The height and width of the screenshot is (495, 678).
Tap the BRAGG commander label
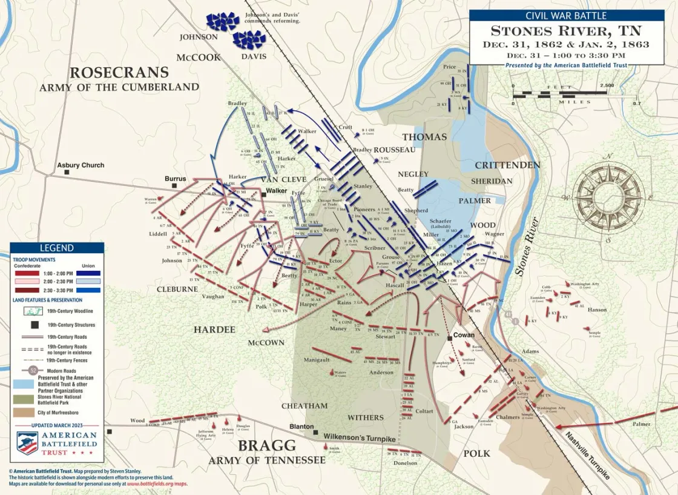click(x=267, y=446)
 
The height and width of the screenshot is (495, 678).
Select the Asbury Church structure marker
click(x=67, y=172)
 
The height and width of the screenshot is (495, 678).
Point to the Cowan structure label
click(x=464, y=335)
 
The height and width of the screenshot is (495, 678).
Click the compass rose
click(x=608, y=196)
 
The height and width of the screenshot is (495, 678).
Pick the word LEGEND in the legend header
click(x=56, y=248)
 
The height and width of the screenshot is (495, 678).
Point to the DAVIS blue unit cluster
click(x=249, y=40)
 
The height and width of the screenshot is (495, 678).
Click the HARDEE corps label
click(x=214, y=330)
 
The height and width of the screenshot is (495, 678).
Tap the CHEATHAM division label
click(x=304, y=405)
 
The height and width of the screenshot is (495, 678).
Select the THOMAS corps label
click(x=424, y=137)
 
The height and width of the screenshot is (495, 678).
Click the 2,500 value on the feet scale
click(x=607, y=85)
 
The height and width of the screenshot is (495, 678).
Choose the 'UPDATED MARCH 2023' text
click(x=56, y=425)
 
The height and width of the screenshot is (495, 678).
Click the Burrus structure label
click(x=175, y=179)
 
